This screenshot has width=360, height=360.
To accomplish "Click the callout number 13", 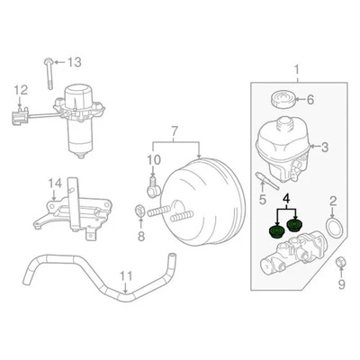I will click(74, 61).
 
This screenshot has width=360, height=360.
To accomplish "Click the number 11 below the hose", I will click(126, 277).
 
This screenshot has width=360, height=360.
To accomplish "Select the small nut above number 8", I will click(140, 211).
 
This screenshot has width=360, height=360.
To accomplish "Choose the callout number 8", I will click(140, 237).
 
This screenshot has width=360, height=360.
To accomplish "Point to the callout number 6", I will click(311, 99).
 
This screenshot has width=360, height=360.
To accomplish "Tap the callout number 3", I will click(326, 146).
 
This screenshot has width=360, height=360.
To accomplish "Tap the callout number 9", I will click(341, 285).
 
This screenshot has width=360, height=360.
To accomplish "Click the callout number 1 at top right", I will click(311, 66).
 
